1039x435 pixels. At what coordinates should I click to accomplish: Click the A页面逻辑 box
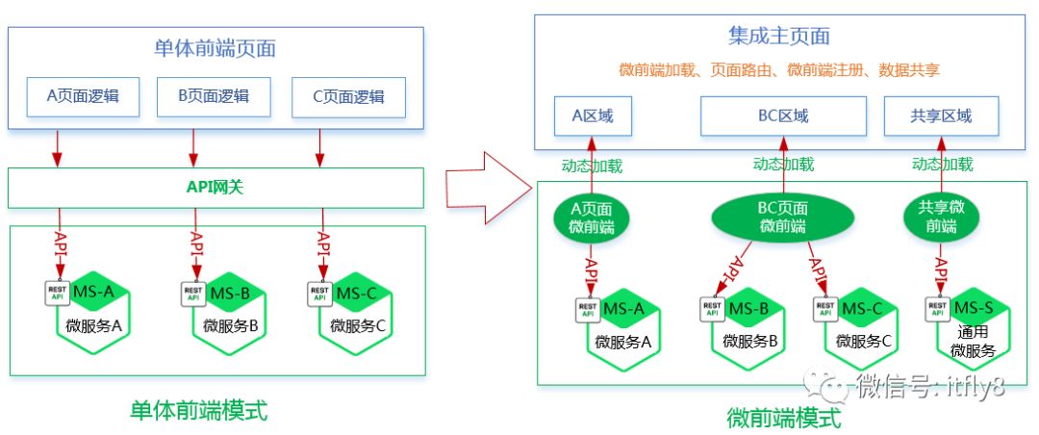(x=82, y=96)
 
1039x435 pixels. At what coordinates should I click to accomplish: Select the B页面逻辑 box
(x=214, y=96)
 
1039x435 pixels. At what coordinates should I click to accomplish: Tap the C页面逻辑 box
(x=348, y=96)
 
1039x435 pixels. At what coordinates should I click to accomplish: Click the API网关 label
(x=215, y=188)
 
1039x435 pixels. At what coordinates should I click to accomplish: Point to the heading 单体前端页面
(x=215, y=48)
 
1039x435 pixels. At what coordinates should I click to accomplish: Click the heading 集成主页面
(x=778, y=38)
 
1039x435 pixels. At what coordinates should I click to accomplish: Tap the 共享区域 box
(x=941, y=116)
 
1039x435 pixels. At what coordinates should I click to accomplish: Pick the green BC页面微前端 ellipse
(x=780, y=217)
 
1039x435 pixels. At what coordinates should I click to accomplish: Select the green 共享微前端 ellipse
(x=942, y=217)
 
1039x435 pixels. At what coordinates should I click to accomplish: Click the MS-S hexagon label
(x=973, y=308)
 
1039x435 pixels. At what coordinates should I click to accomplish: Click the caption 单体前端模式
(x=198, y=411)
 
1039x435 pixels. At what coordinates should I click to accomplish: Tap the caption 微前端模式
(x=783, y=419)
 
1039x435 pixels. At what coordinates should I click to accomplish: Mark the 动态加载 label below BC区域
(x=782, y=165)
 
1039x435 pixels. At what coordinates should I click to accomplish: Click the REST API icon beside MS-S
(x=937, y=309)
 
